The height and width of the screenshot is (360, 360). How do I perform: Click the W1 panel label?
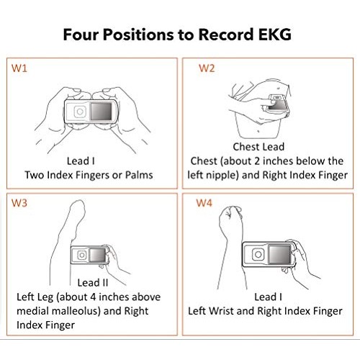coord(19,68)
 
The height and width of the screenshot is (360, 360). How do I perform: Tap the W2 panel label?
coord(207,68)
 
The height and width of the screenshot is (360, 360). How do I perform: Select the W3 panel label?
coord(19,203)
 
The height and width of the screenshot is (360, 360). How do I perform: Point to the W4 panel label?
coord(204,203)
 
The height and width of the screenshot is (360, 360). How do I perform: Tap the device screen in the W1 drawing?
coord(101,112)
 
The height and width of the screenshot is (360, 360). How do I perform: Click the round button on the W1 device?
coord(80,112)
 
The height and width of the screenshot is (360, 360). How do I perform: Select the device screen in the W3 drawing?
coord(98,255)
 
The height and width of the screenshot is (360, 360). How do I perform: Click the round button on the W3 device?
coord(82,255)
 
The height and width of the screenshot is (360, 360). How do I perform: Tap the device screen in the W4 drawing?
coord(279,254)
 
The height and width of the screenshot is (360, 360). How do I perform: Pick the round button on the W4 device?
coord(258,254)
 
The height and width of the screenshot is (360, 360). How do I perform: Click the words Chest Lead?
coord(258,147)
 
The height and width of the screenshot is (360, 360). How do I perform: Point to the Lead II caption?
coord(93,283)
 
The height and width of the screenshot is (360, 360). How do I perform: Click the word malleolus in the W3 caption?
coord(76,311)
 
